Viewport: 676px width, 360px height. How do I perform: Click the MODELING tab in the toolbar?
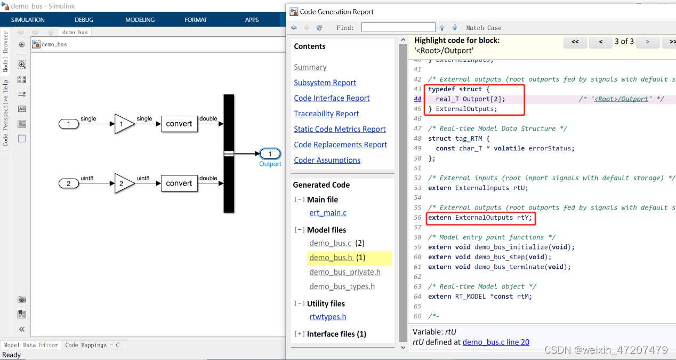[140, 20]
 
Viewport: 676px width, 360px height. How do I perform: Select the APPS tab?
[252, 20]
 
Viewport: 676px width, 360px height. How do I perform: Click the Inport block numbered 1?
[68, 124]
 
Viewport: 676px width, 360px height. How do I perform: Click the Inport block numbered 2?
[68, 183]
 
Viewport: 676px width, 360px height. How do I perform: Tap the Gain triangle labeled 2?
[123, 183]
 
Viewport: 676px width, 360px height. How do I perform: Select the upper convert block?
[179, 124]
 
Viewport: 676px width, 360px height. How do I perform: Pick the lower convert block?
[179, 183]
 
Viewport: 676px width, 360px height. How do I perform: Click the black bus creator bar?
[229, 153]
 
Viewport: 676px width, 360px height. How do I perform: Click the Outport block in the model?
[270, 154]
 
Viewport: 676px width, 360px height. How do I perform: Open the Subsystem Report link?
[325, 83]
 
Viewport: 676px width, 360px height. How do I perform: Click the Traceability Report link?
[326, 114]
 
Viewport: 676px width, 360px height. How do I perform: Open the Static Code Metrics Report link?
[340, 129]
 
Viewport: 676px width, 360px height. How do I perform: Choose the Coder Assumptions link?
[327, 160]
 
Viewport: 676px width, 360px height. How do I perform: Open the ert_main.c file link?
[328, 213]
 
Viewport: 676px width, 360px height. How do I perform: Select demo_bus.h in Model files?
[331, 258]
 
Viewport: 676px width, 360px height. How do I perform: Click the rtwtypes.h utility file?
[328, 317]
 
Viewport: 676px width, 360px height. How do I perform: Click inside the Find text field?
[398, 27]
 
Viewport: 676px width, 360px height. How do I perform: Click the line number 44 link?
[417, 99]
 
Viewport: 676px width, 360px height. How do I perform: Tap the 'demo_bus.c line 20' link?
[496, 342]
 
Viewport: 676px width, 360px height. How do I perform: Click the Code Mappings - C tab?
[92, 345]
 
